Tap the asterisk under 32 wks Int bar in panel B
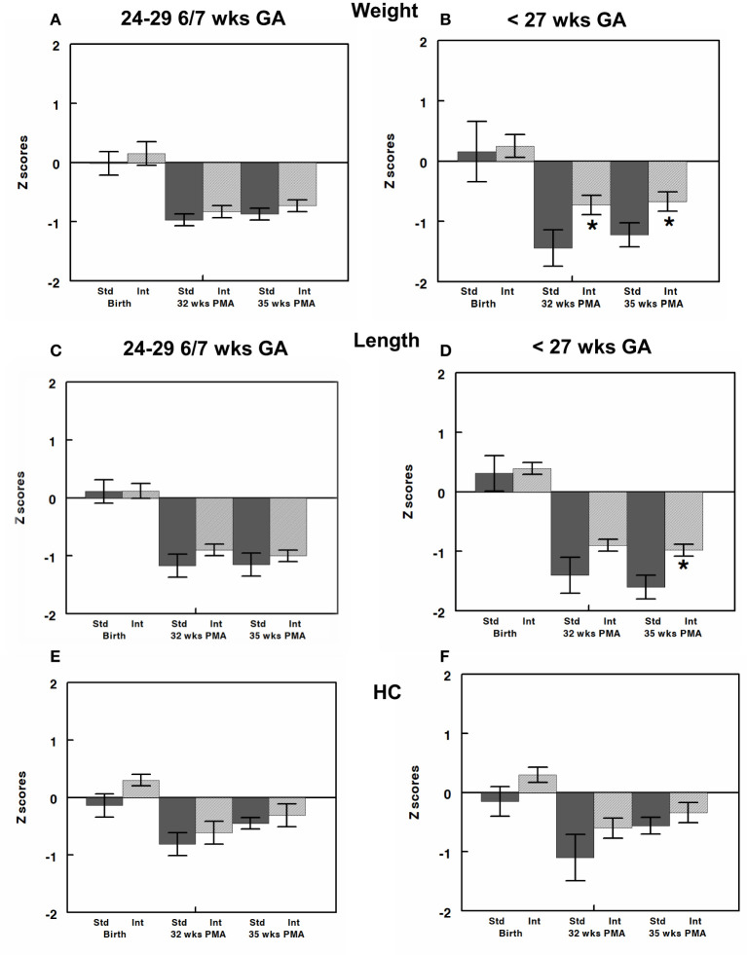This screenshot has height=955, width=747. [x=591, y=226]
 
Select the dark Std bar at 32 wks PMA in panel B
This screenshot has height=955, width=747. [x=553, y=204]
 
